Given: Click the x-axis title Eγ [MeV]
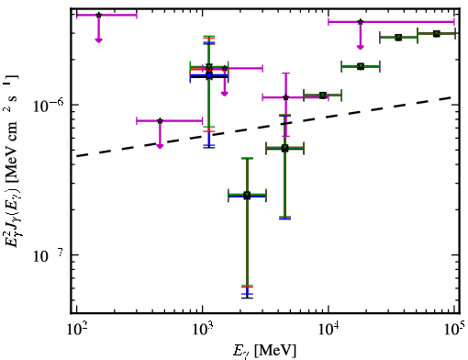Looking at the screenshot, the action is point(265,351).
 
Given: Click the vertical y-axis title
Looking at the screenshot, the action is point(12,159).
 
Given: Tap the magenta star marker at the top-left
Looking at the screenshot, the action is point(98,15).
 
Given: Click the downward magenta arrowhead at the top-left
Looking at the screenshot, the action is point(98,39).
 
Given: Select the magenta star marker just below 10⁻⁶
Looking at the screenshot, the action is point(160,120).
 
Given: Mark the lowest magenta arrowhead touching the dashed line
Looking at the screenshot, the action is point(160,146).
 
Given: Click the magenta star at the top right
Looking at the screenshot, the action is point(361,22).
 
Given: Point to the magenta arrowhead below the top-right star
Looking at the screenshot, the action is point(361,47).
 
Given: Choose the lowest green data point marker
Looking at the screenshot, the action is point(247,195).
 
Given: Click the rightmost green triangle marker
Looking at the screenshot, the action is point(437,33).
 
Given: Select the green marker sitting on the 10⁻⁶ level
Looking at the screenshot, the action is point(323,96).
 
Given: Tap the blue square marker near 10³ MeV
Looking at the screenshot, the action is point(209,75).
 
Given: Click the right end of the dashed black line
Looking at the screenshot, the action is point(451,97).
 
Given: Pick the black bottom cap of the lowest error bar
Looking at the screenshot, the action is point(247,298).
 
